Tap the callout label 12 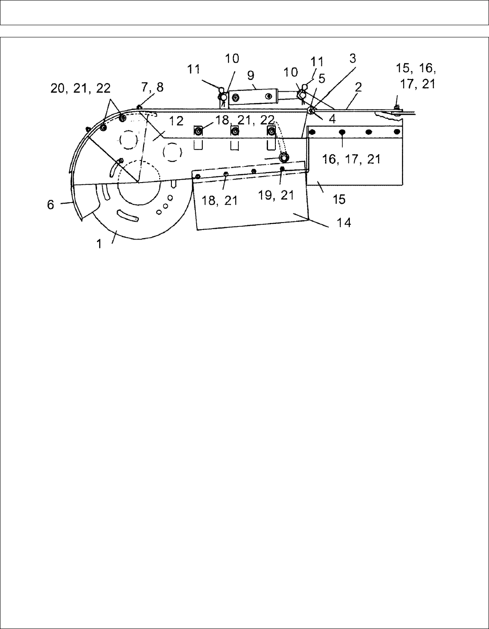tap(176, 121)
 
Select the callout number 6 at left tap(51, 204)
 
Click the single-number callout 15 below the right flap tap(338, 199)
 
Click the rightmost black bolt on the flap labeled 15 tap(396, 132)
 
